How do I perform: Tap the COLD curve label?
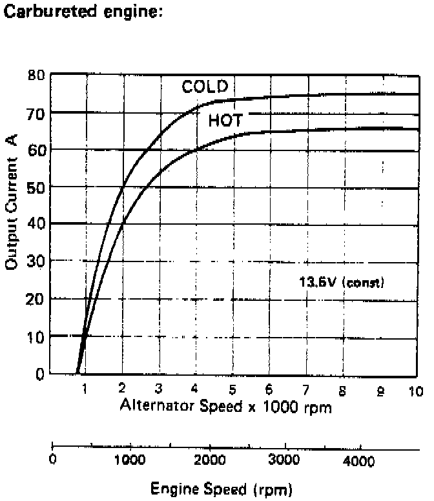(x=205, y=87)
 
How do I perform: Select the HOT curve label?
(x=225, y=120)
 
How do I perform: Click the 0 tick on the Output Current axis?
(x=39, y=374)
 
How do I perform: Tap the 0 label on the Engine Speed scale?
(x=54, y=459)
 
